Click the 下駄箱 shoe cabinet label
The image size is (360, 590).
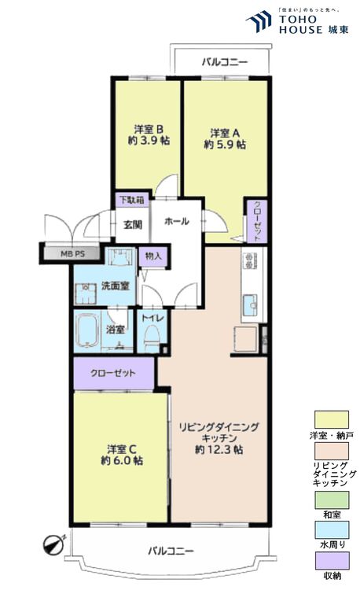point(130,201)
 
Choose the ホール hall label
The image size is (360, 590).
point(176,222)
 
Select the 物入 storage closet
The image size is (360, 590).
point(153,256)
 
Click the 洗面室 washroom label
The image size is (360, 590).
point(115,286)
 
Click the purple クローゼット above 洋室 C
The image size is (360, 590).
point(113,373)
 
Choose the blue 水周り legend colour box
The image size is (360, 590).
point(331,529)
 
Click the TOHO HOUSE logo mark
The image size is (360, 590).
point(259,23)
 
